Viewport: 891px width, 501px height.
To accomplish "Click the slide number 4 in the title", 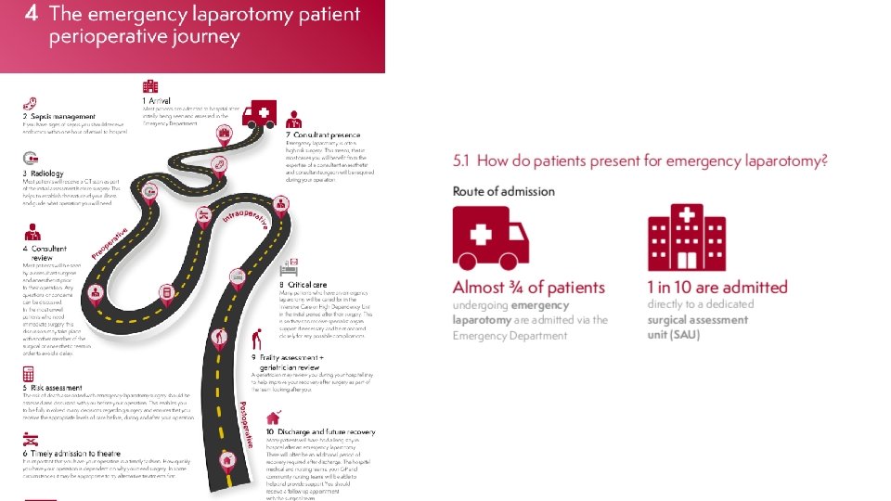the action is pos(32,15).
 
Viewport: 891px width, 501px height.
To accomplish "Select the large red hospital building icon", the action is pos(687,238).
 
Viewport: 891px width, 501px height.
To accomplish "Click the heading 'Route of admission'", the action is pos(503,191).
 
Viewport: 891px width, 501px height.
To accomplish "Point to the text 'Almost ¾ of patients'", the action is pos(528,288).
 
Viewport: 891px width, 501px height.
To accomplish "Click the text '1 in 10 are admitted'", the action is pos(717,288).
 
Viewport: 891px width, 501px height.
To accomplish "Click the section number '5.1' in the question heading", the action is pos(461,161).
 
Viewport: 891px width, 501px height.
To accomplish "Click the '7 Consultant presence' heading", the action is pos(326,135).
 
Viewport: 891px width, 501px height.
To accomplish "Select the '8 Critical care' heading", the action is pos(302,284).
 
